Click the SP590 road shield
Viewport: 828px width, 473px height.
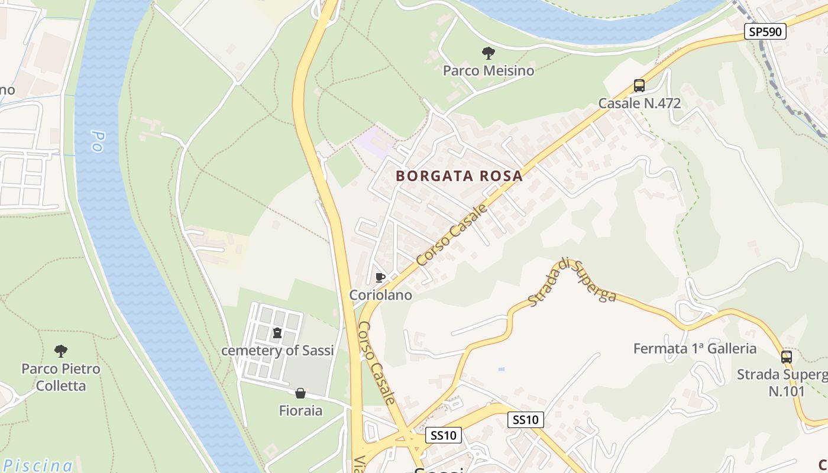click(x=765, y=32)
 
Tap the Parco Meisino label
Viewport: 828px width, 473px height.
click(x=489, y=71)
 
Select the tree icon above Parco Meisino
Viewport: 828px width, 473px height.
click(x=489, y=53)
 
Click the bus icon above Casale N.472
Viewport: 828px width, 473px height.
click(x=639, y=86)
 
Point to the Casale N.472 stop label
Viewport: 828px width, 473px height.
click(x=639, y=103)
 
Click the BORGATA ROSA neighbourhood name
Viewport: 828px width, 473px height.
click(x=460, y=176)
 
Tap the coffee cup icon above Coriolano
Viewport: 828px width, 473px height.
click(x=380, y=277)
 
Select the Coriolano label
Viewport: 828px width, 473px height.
click(x=380, y=294)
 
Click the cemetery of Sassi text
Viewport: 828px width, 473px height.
click(x=277, y=351)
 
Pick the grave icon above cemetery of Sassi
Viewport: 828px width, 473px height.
click(x=277, y=333)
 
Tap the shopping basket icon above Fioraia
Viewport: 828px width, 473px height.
click(x=300, y=393)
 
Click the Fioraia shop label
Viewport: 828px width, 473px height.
click(x=300, y=410)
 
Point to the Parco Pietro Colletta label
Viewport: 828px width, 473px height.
click(x=61, y=377)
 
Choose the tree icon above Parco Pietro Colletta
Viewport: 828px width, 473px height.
click(x=61, y=351)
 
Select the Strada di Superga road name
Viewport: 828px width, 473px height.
click(x=572, y=282)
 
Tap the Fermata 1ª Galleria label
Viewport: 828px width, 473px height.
click(x=695, y=348)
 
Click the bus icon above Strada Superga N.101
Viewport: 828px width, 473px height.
click(x=786, y=357)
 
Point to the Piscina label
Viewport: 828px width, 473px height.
click(x=37, y=465)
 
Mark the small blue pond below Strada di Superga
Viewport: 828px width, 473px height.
click(x=502, y=369)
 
